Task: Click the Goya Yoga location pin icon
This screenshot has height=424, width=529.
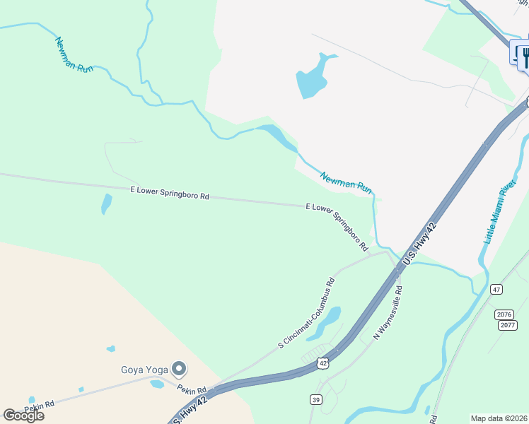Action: pyautogui.click(x=179, y=368)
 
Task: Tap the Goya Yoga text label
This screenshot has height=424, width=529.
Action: pyautogui.click(x=144, y=370)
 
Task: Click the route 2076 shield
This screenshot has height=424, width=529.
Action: pyautogui.click(x=505, y=314)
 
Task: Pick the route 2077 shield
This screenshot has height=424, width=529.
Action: pyautogui.click(x=506, y=325)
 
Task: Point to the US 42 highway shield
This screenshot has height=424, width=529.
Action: pyautogui.click(x=323, y=363)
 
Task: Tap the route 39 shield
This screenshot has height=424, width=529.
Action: pyautogui.click(x=315, y=400)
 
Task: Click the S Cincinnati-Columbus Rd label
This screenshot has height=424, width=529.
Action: pyautogui.click(x=306, y=312)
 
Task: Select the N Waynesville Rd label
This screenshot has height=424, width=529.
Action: pyautogui.click(x=388, y=312)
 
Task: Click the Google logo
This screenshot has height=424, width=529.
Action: pyautogui.click(x=24, y=415)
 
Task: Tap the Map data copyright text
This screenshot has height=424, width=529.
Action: pyautogui.click(x=499, y=418)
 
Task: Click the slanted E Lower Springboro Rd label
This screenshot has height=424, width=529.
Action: pyautogui.click(x=337, y=227)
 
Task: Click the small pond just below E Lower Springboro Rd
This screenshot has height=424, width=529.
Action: pyautogui.click(x=106, y=204)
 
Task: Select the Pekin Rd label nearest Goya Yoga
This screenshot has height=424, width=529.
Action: pyautogui.click(x=192, y=390)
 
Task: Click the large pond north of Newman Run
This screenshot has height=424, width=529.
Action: pyautogui.click(x=312, y=78)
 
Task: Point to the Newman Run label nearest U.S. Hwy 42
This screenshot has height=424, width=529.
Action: pyautogui.click(x=346, y=182)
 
